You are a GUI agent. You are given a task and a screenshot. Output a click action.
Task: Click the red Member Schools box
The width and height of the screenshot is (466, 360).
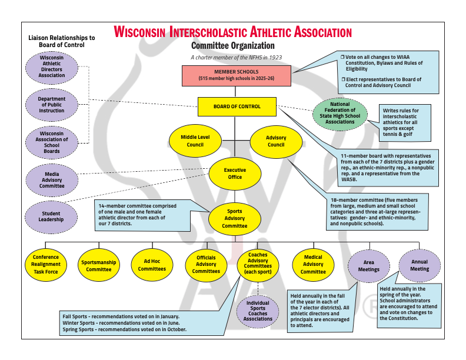point(237,75)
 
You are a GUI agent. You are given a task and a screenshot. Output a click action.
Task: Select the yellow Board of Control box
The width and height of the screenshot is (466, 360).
point(237,106)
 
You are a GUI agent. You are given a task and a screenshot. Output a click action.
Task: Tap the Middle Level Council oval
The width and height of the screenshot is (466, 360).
point(195,141)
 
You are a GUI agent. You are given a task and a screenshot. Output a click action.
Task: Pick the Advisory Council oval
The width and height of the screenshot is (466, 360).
point(276,141)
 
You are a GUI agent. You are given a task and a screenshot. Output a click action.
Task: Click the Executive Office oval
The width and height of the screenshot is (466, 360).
point(235,174)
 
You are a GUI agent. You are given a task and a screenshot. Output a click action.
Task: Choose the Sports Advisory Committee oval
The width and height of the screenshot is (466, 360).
point(235,218)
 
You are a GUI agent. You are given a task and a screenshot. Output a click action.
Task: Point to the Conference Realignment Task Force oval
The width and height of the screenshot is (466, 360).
point(46,265)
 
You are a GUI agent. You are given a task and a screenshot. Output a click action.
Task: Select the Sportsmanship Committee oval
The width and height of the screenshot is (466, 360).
point(99,265)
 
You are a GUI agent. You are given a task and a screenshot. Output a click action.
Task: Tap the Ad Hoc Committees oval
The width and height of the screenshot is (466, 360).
point(151,265)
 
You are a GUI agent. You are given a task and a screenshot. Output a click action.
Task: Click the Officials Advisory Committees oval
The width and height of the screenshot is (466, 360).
point(206,265)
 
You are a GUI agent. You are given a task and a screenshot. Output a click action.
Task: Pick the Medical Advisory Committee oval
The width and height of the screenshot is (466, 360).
point(313,265)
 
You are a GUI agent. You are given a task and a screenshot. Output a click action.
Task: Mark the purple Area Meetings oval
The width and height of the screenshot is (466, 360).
point(369,266)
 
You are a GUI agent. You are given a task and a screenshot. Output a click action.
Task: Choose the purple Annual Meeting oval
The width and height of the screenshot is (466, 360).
point(420,265)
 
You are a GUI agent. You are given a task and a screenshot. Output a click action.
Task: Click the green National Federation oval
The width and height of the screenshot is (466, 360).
point(339,114)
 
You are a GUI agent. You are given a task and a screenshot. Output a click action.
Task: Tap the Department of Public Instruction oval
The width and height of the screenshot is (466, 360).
point(52,105)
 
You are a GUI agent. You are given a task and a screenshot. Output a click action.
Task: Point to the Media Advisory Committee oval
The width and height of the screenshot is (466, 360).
point(52,180)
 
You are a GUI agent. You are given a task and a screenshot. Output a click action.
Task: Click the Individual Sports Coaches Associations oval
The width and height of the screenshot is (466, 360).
point(258,311)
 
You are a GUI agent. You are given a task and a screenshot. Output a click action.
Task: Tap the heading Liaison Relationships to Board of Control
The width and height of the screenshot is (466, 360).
point(62,41)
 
